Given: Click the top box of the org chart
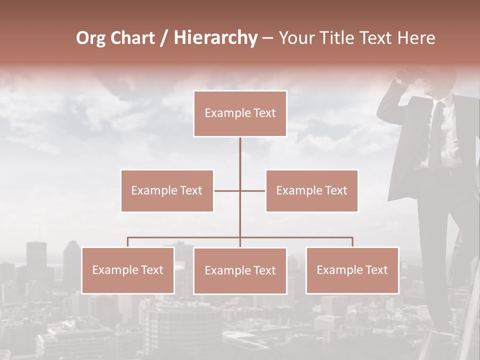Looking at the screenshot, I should pyautogui.click(x=240, y=113).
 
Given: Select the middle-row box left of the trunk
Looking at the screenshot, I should pyautogui.click(x=167, y=190).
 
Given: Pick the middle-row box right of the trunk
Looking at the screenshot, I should pyautogui.click(x=311, y=190).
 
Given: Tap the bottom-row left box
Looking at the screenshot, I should pyautogui.click(x=128, y=270).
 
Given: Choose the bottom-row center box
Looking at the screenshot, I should pyautogui.click(x=240, y=270).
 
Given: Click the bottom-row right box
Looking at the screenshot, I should pyautogui.click(x=352, y=270).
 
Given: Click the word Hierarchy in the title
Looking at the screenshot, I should pyautogui.click(x=215, y=38).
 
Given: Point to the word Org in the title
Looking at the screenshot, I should pyautogui.click(x=90, y=38).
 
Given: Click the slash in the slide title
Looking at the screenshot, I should pyautogui.click(x=163, y=38).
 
